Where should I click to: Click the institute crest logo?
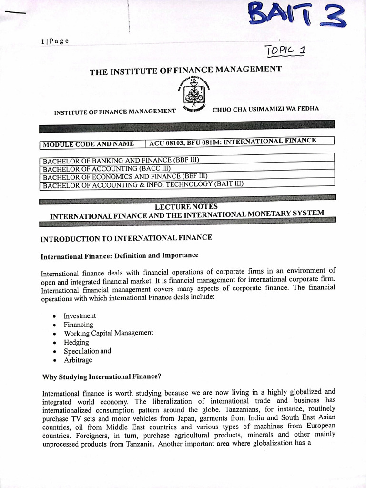click(x=194, y=92)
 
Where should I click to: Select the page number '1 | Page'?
click(x=55, y=41)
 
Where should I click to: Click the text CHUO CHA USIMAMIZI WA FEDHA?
click(x=265, y=109)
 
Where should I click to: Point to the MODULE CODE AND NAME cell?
click(x=88, y=144)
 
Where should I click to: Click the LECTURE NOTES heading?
click(x=186, y=207)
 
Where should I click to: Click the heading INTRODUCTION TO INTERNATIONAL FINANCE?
click(x=126, y=238)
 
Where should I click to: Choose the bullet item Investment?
click(x=80, y=316)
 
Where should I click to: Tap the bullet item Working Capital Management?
click(x=108, y=333)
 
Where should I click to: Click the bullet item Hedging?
click(x=76, y=342)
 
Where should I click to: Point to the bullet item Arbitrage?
click(x=78, y=360)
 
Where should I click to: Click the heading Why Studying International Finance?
click(x=102, y=377)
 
